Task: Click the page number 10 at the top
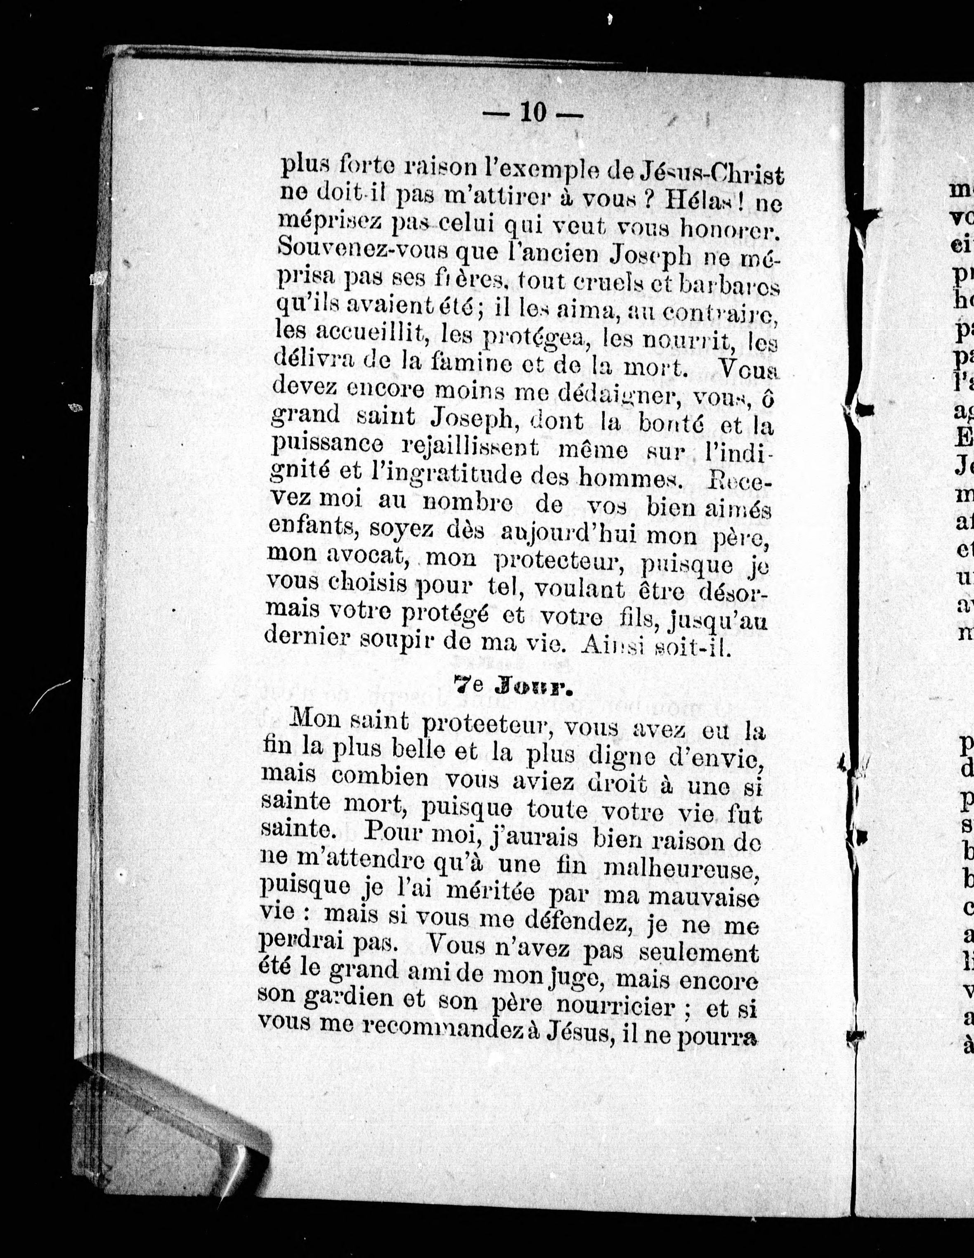pyautogui.click(x=533, y=113)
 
